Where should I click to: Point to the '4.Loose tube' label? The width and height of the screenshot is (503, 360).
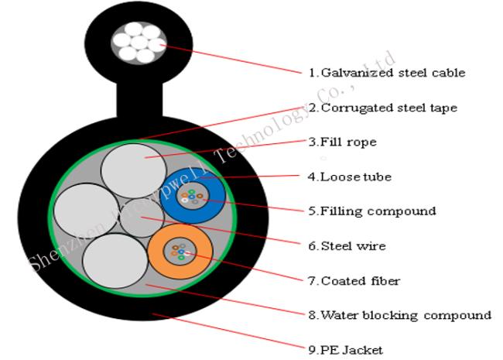pyautogui.click(x=349, y=177)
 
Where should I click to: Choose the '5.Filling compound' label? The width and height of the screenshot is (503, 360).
pyautogui.click(x=371, y=211)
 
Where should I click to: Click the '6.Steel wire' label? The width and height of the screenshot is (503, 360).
pyautogui.click(x=346, y=246)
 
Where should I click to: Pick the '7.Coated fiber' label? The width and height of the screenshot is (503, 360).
pyautogui.click(x=354, y=280)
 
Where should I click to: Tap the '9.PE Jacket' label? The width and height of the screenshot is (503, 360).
pyautogui.click(x=345, y=350)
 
